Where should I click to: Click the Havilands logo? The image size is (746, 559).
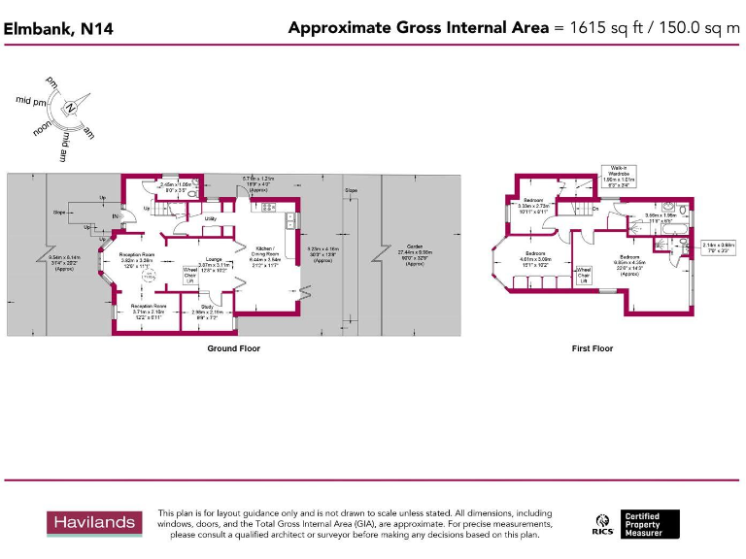pyautogui.click(x=93, y=523)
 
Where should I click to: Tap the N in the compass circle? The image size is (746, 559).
pyautogui.click(x=70, y=108)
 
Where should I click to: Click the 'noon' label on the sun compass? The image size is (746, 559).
pyautogui.click(x=43, y=127)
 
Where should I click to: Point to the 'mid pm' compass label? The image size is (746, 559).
pyautogui.click(x=31, y=100)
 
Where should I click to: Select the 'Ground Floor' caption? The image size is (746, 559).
pyautogui.click(x=233, y=348)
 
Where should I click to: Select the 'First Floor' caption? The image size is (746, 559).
pyautogui.click(x=593, y=348)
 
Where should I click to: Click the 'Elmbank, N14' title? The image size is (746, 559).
pyautogui.click(x=58, y=29)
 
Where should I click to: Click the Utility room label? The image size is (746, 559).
pyautogui.click(x=210, y=219)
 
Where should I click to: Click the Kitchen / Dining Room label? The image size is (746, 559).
pyautogui.click(x=265, y=254)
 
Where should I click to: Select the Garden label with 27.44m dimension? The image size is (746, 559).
pyautogui.click(x=415, y=254)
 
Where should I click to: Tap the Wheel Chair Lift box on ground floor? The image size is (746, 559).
pyautogui.click(x=190, y=275)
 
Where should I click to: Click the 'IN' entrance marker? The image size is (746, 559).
pyautogui.click(x=116, y=216)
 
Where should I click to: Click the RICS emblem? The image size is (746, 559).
pyautogui.click(x=602, y=524)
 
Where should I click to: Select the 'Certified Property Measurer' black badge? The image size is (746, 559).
pyautogui.click(x=650, y=524)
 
